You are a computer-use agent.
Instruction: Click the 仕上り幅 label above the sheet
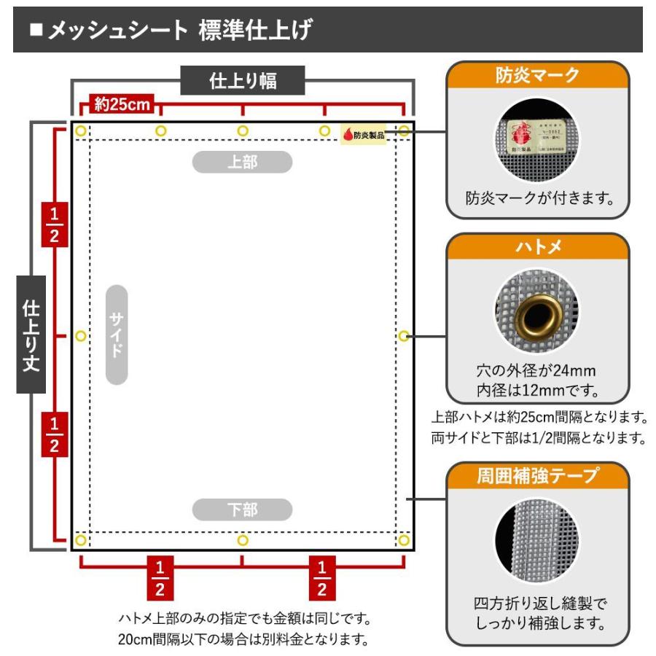click(x=243, y=80)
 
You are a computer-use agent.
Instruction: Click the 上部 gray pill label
click(x=242, y=162)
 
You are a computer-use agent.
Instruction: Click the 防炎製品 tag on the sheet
click(x=363, y=134)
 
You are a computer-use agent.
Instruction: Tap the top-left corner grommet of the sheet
click(x=80, y=131)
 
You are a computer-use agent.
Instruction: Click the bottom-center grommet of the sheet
click(x=243, y=540)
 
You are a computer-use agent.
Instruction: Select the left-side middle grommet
click(x=80, y=336)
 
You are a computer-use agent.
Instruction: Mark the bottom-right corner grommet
click(x=404, y=540)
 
